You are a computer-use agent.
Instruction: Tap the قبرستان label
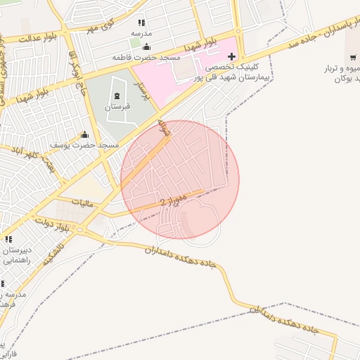coord(117,108)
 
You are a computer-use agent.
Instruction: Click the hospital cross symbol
coord(232,56)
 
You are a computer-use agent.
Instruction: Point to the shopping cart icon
coord(352,57)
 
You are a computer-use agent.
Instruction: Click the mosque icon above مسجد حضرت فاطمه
coord(146,47)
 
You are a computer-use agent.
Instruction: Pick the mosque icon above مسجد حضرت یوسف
coord(85,134)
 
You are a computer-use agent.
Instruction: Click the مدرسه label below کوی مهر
coord(141,32)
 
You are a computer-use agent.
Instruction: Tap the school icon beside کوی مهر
coord(141,22)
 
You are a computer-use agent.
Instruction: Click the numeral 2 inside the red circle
coord(162,202)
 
